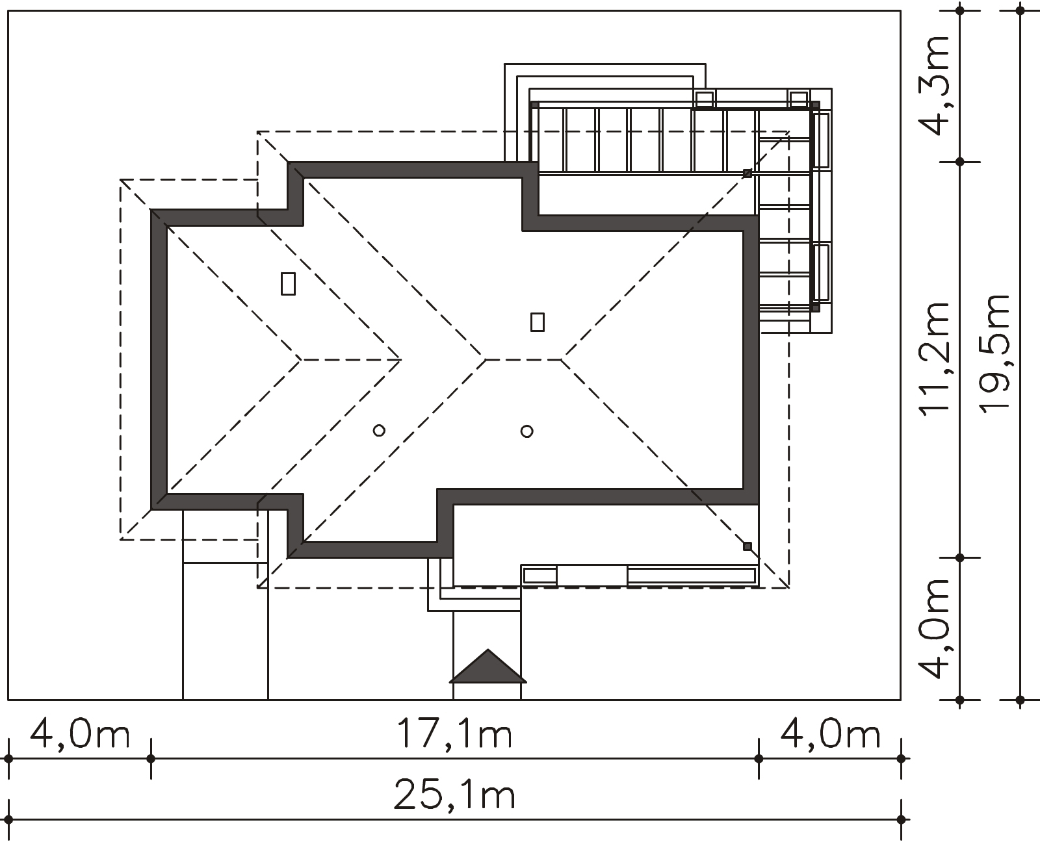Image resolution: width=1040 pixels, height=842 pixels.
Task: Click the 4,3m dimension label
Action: pyautogui.click(x=934, y=85)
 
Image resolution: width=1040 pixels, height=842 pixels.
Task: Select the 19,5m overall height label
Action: pyautogui.click(x=994, y=354)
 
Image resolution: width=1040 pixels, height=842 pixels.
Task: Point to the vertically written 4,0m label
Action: pyautogui.click(x=934, y=629)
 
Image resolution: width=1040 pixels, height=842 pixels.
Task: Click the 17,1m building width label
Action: pyautogui.click(x=454, y=733)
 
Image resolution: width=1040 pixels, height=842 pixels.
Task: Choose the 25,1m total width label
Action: pyautogui.click(x=454, y=794)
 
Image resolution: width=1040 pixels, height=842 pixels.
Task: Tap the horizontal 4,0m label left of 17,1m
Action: pyautogui.click(x=80, y=733)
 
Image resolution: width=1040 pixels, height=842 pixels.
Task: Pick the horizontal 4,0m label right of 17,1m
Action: pyautogui.click(x=831, y=733)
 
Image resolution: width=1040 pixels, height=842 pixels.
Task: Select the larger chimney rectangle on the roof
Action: pyautogui.click(x=288, y=284)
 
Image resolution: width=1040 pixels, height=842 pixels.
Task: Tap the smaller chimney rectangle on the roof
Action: pyautogui.click(x=538, y=322)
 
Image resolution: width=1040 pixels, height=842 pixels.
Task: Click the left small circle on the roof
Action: pyautogui.click(x=379, y=431)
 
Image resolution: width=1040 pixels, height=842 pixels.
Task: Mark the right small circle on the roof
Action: pyautogui.click(x=527, y=431)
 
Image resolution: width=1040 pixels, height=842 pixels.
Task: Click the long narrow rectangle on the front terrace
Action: pyautogui.click(x=692, y=576)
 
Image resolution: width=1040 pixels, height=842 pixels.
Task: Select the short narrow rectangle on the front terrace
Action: pyautogui.click(x=540, y=576)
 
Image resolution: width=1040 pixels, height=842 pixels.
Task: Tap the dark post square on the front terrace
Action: pyautogui.click(x=747, y=546)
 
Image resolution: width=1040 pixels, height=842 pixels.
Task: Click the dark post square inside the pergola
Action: pyautogui.click(x=747, y=173)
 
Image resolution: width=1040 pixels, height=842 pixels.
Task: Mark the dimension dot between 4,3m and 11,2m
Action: pyautogui.click(x=960, y=162)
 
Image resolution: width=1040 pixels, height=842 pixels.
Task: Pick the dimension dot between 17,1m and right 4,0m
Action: pyautogui.click(x=759, y=759)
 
